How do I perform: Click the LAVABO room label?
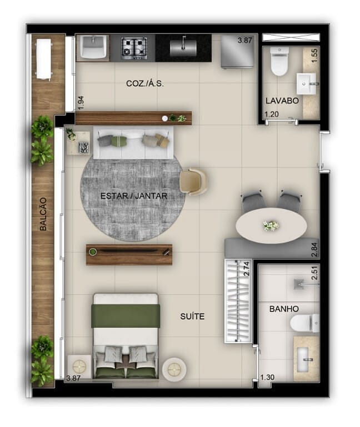tap(282, 101)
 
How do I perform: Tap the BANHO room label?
tap(284, 309)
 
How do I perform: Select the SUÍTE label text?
tap(192, 316)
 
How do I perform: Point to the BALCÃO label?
tap(43, 214)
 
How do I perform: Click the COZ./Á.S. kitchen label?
tap(145, 83)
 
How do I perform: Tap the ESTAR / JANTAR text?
tap(134, 196)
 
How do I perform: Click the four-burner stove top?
tap(134, 48)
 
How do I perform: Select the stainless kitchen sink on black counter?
tap(183, 47)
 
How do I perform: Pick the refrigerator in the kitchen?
tap(238, 51)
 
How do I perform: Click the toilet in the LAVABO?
tap(279, 61)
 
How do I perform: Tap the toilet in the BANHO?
tap(304, 323)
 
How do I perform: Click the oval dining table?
tap(271, 226)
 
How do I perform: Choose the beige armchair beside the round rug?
tap(193, 181)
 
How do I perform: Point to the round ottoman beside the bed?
tap(174, 369)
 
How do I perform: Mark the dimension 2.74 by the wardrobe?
tap(247, 269)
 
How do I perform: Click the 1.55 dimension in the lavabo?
tap(314, 55)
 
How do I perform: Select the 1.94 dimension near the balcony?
tap(81, 103)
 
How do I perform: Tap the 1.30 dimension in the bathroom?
tap(267, 378)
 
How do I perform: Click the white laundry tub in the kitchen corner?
tap(93, 48)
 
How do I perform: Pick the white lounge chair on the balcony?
tap(43, 59)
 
